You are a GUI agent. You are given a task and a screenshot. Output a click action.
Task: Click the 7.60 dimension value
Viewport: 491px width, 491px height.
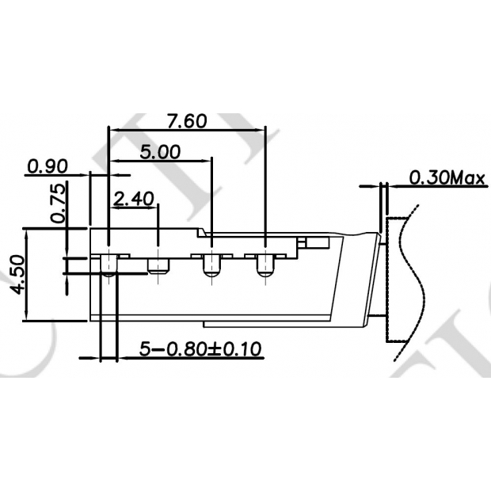(x=187, y=121)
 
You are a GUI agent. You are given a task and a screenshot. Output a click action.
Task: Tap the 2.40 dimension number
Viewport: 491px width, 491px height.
(x=132, y=198)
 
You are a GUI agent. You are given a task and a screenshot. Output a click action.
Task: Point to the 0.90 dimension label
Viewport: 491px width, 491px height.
(x=47, y=166)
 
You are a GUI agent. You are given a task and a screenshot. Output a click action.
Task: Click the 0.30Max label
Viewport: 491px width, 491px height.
(x=447, y=177)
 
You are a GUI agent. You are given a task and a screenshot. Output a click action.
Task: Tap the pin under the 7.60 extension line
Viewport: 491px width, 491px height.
(x=265, y=266)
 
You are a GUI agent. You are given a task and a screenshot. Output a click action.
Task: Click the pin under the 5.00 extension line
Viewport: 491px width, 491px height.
(x=211, y=266)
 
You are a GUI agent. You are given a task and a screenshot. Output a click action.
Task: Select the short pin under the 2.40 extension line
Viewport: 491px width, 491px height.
(x=158, y=265)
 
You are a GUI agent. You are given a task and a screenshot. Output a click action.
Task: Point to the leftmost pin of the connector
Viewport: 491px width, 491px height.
(x=107, y=265)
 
